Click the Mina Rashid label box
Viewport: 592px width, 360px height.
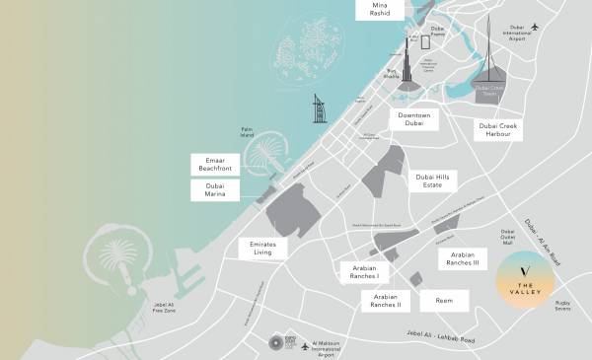coord(379,10)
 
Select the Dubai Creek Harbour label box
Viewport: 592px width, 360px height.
coord(499,129)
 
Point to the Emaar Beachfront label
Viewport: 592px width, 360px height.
coord(214,164)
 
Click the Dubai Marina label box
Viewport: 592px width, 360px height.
coord(214,190)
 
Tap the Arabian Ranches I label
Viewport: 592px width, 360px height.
coord(364,271)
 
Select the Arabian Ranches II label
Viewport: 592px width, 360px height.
coord(385,300)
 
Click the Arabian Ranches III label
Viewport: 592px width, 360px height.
coord(461,258)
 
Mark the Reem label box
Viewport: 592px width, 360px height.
coord(437,300)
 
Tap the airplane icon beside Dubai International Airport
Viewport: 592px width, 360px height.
coord(536,27)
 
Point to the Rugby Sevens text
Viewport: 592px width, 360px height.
coord(562,306)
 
